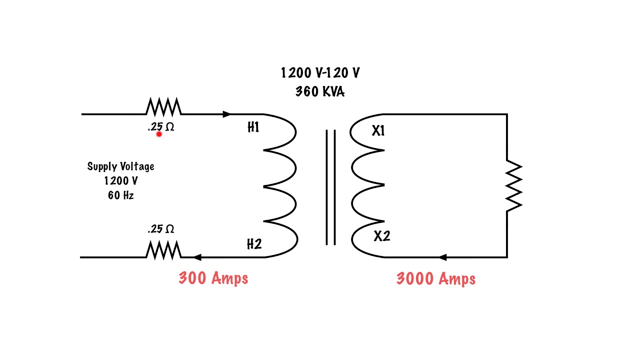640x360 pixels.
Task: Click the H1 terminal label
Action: [253, 128]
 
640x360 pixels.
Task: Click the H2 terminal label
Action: [254, 244]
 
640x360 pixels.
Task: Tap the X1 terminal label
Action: [378, 131]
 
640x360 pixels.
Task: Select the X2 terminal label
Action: [381, 236]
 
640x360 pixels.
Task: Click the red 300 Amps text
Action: [213, 278]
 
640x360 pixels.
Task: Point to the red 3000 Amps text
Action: [435, 279]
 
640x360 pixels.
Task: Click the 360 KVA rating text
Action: [319, 92]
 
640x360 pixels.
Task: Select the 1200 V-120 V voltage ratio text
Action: [320, 73]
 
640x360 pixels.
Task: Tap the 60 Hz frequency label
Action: [120, 195]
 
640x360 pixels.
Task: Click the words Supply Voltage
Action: [120, 166]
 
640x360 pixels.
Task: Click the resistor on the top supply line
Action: [163, 107]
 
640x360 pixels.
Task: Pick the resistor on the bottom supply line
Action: [163, 250]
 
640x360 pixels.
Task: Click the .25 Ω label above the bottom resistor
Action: [161, 229]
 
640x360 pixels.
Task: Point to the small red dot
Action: [159, 133]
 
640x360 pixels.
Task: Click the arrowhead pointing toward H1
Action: [227, 114]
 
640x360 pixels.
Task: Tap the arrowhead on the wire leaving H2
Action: [197, 257]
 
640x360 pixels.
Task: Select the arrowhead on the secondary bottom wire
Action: [442, 257]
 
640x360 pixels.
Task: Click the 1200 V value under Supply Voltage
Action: [120, 181]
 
